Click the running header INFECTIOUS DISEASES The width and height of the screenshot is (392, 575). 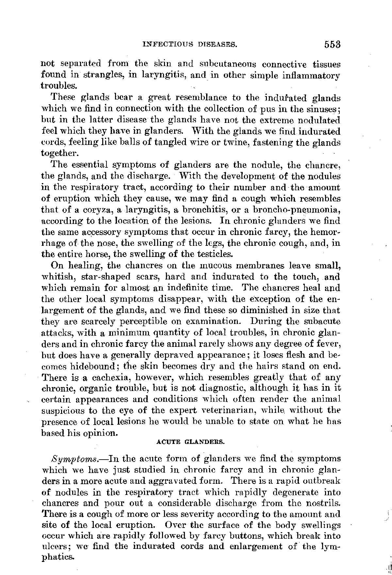pos(190,44)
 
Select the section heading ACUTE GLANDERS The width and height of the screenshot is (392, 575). pos(190,442)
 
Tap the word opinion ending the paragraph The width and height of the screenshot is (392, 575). pos(101,433)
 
